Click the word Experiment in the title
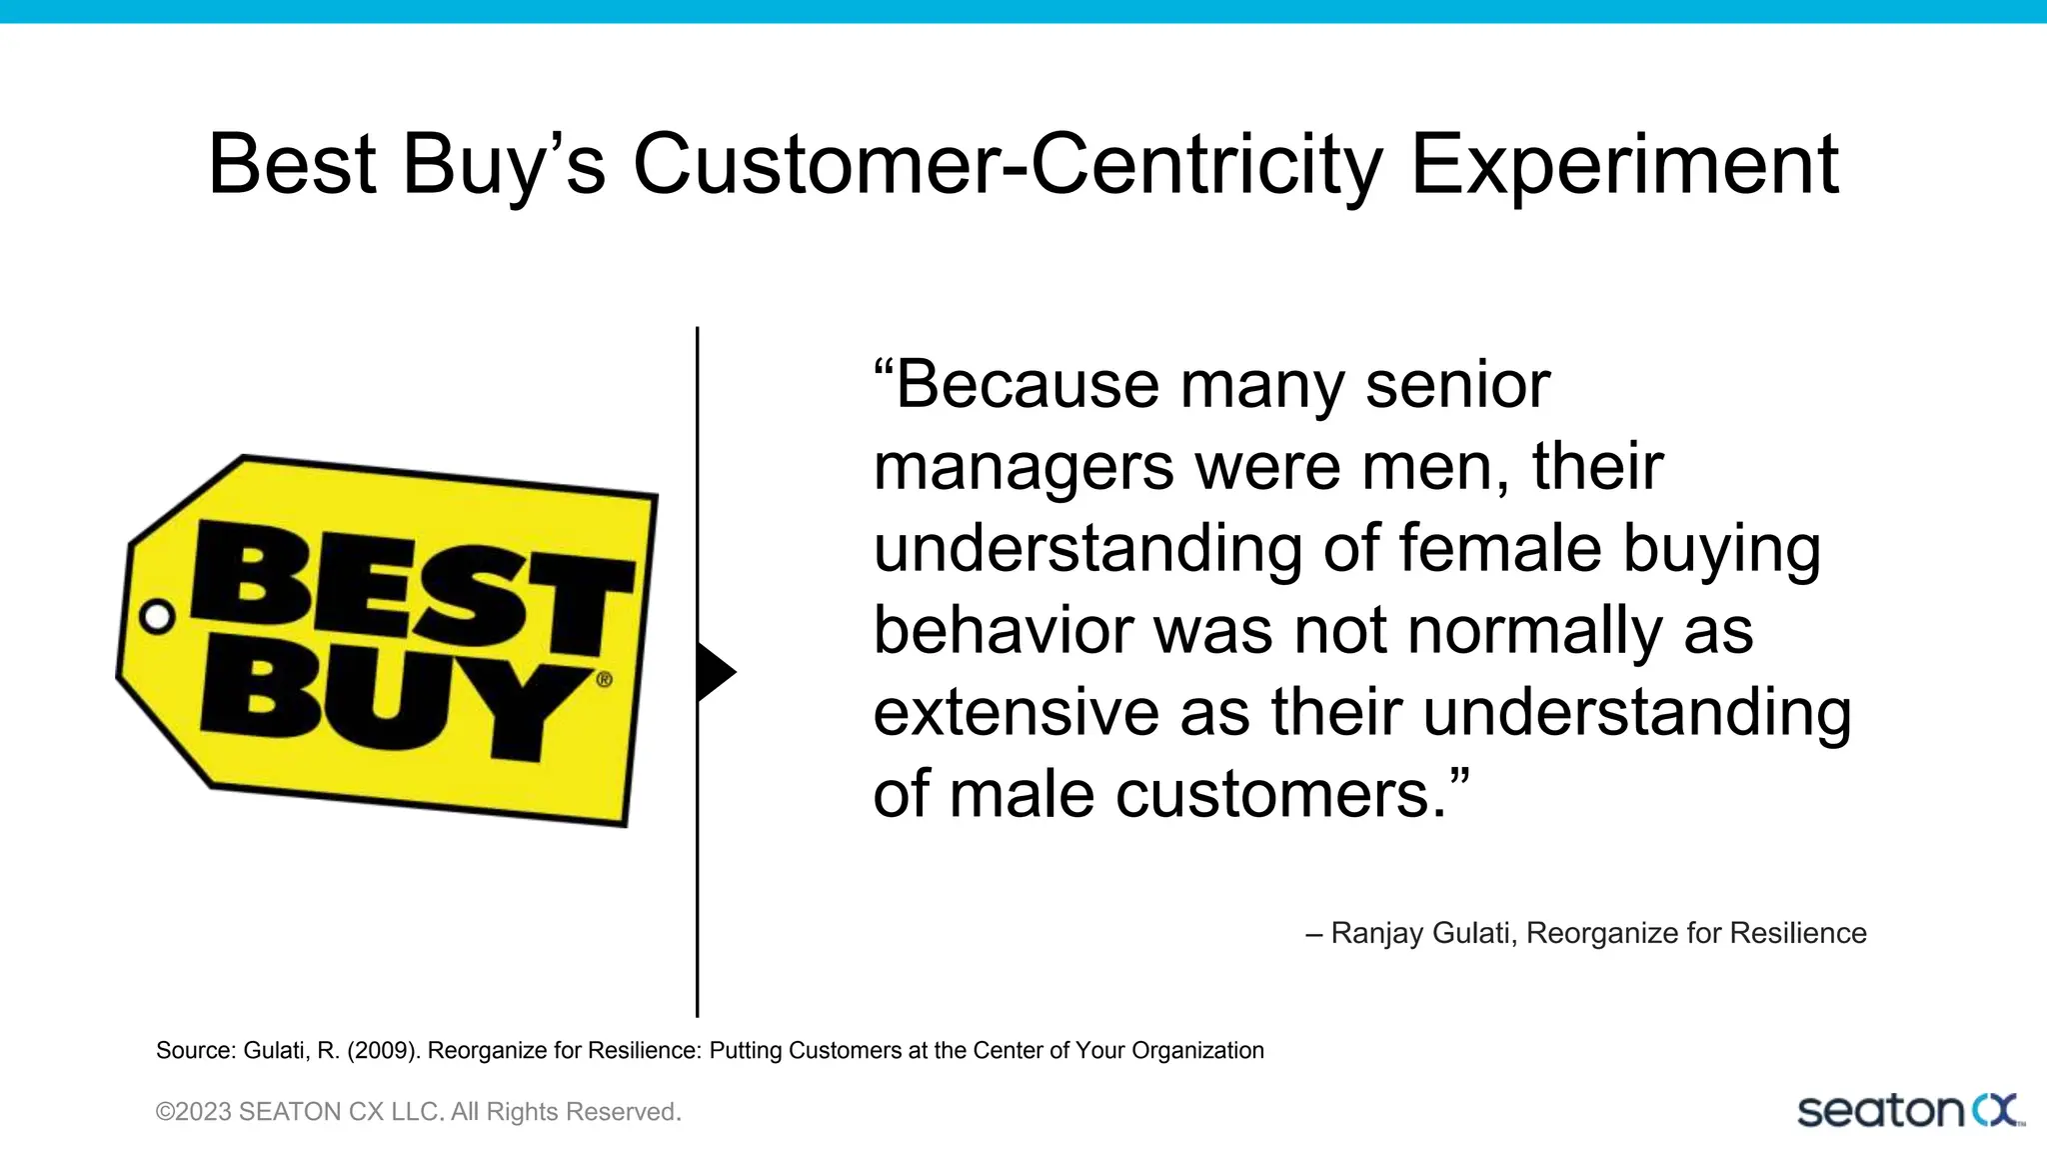[1624, 165]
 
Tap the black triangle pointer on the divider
[714, 672]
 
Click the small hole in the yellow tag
[157, 617]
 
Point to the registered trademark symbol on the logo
[604, 680]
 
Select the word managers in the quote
[1023, 468]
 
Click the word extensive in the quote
[1015, 713]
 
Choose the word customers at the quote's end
[1280, 795]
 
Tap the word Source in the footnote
[195, 1051]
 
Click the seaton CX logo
[1909, 1111]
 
